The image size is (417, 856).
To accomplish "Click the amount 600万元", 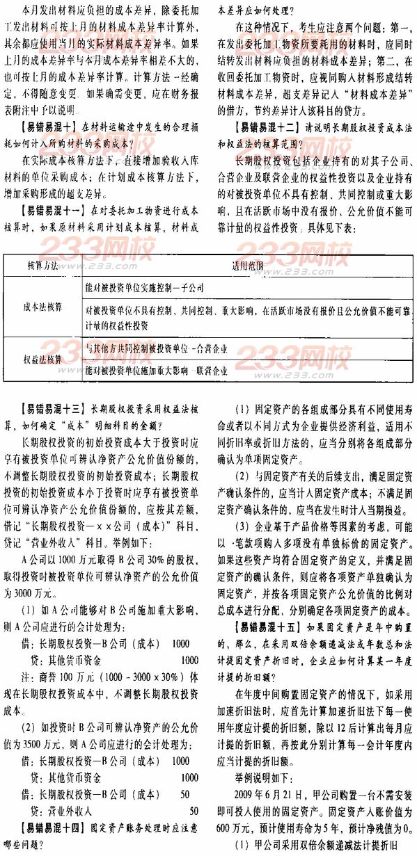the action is pos(235,817).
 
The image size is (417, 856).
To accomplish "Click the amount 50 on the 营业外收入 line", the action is pos(194,810).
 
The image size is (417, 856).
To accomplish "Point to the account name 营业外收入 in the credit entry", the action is pos(66,810).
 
